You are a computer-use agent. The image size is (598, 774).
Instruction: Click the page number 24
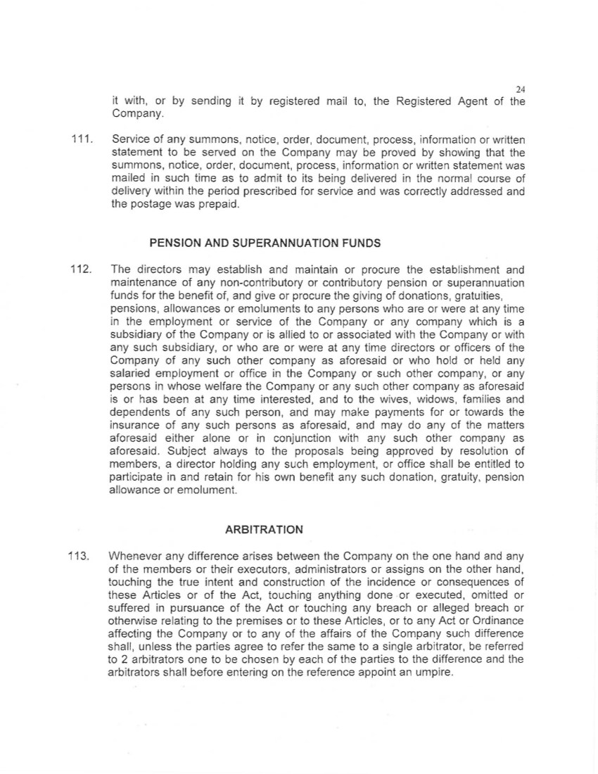point(521,89)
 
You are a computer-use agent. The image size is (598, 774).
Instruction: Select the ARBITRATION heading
point(264,529)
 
